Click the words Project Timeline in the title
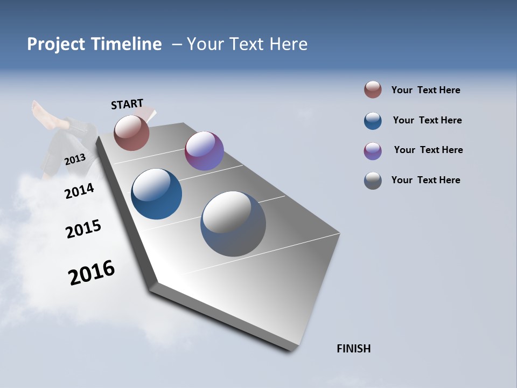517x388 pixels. tap(94, 44)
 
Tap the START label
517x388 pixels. tap(127, 104)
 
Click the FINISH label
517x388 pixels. tap(354, 349)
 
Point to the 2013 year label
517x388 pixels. tap(75, 160)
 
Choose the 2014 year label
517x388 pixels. tap(79, 191)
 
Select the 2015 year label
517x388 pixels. tap(83, 229)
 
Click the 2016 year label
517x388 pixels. tap(92, 273)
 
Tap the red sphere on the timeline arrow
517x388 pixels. tap(131, 133)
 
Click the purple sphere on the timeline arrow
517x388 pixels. tap(204, 151)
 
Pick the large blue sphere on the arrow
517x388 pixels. tap(157, 194)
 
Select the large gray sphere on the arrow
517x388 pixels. tap(233, 224)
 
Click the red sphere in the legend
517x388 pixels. tap(373, 90)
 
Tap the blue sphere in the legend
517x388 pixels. tap(373, 121)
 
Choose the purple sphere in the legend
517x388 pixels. tap(373, 151)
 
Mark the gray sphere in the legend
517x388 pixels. tap(373, 181)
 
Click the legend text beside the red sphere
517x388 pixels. tap(425, 91)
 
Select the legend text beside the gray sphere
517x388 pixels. tap(425, 180)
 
